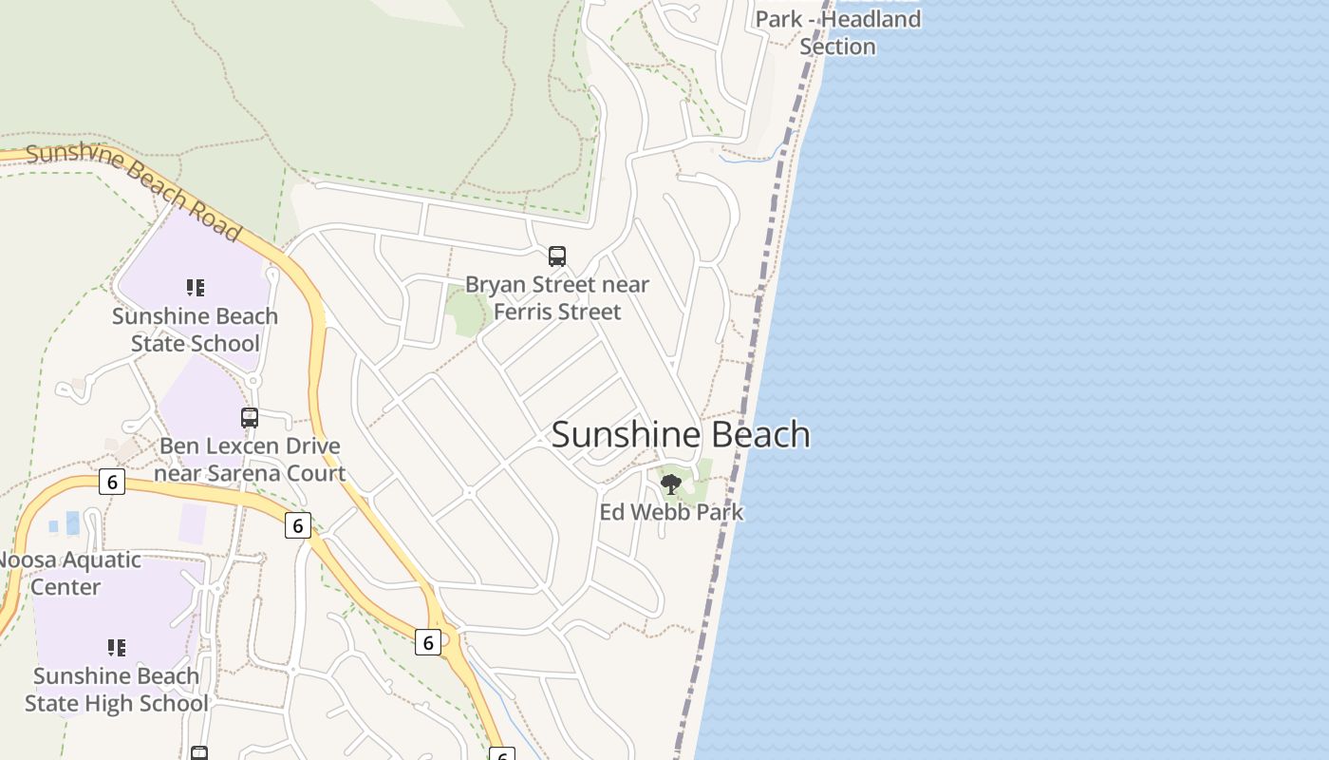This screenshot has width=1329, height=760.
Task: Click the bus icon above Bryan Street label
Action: [557, 256]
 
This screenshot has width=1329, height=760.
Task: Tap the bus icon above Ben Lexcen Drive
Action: [250, 417]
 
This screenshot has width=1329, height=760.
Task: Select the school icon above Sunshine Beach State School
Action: [196, 288]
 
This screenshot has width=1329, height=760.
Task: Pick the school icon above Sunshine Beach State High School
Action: [117, 648]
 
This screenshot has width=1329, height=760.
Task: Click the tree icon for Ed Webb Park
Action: [671, 484]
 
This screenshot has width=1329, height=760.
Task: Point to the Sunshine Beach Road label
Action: [134, 190]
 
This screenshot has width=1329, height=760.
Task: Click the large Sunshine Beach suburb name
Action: [681, 434]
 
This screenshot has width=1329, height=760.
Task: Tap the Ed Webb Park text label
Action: [671, 512]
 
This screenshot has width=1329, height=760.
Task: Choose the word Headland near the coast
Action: [870, 19]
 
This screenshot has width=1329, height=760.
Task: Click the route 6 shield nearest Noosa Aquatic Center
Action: [112, 482]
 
